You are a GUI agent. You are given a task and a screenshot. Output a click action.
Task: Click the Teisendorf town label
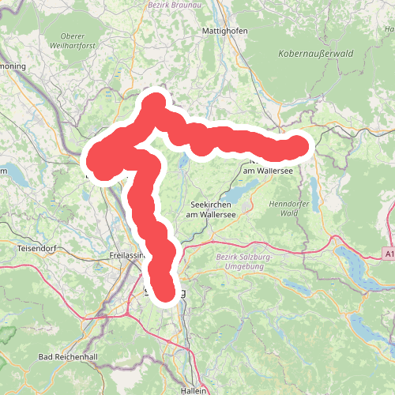(36, 249)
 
